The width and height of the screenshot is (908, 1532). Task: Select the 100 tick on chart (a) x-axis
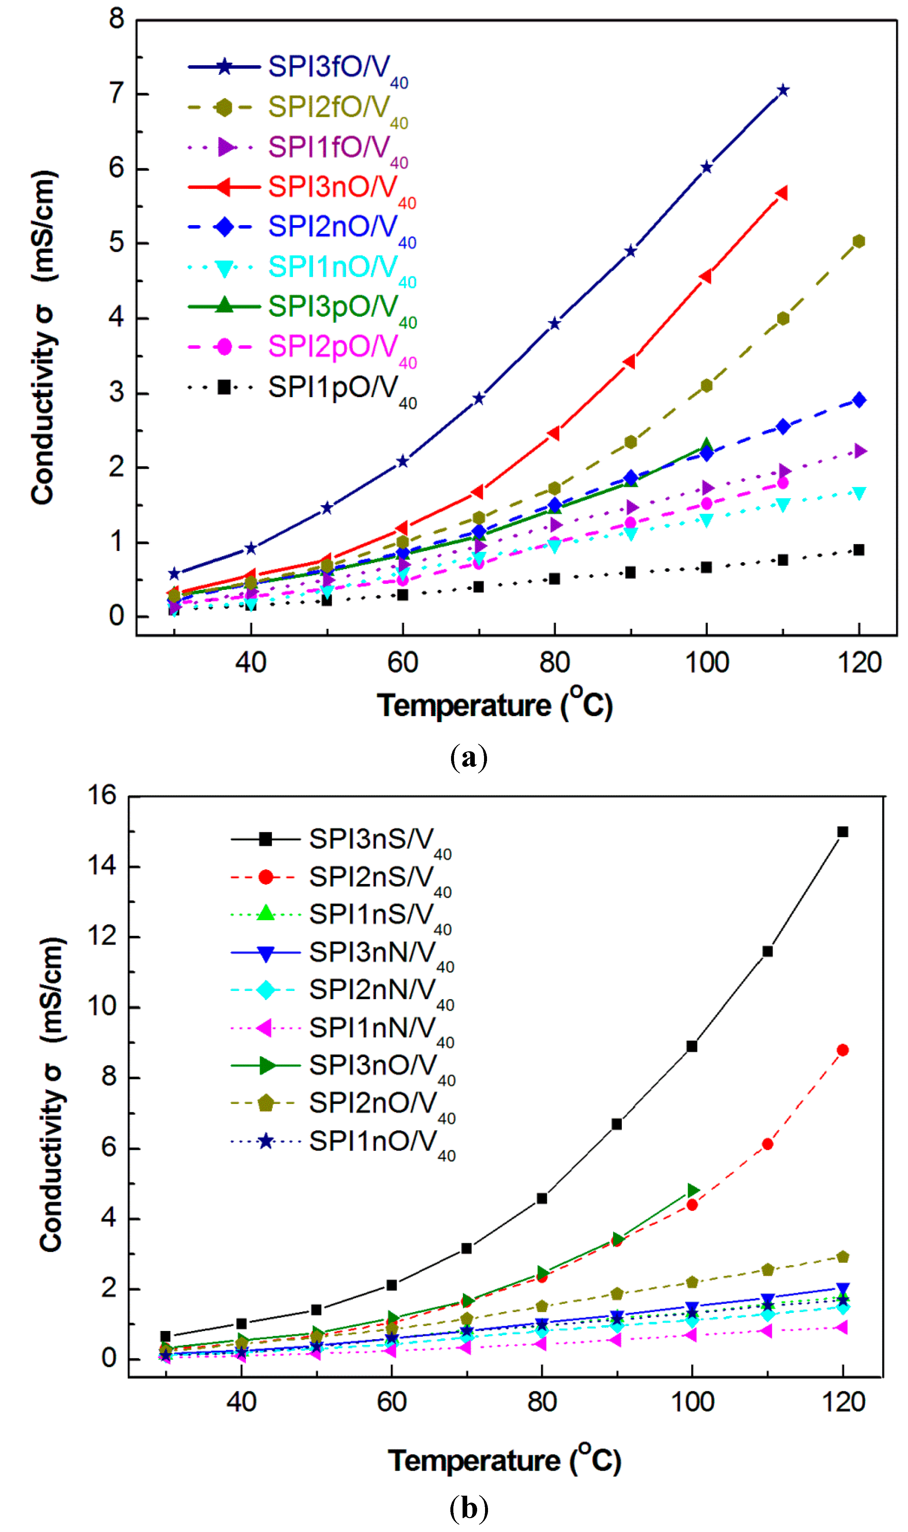[707, 662]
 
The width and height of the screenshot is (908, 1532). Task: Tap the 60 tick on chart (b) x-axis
[392, 1402]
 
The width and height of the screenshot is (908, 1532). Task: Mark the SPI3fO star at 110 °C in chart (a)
[783, 90]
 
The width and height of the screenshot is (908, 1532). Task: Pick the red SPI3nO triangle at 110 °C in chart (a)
[781, 193]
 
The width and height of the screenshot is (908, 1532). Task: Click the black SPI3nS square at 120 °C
[843, 832]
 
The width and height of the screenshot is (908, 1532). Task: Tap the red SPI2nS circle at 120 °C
[843, 1050]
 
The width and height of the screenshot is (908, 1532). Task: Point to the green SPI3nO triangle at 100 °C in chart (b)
[693, 1190]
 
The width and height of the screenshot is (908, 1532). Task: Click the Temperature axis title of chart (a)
[494, 705]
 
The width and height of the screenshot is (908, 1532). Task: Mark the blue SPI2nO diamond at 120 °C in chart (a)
[859, 400]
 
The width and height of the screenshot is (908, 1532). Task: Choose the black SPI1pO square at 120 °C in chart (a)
[858, 550]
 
